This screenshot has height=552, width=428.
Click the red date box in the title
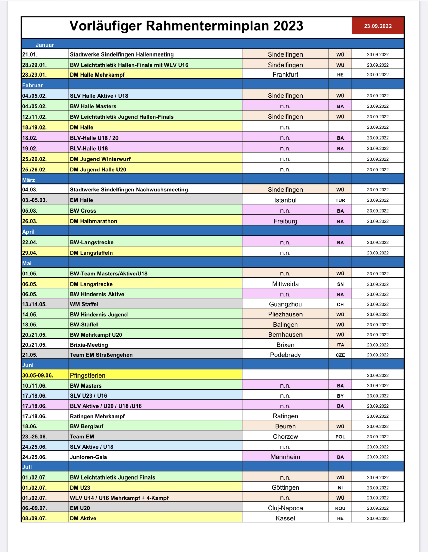coord(377,26)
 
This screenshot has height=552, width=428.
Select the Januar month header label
coord(45,45)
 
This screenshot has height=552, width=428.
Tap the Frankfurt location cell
coord(285,75)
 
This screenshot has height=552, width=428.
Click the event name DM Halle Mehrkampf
coord(97,75)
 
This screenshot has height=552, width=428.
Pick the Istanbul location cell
coord(285,200)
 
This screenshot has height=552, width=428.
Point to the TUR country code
coord(340,200)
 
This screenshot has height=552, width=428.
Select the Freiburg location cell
coord(285,221)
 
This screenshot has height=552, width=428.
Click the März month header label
coord(28,180)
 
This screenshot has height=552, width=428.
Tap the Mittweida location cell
coord(285,284)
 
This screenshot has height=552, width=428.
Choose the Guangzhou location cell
coord(285,304)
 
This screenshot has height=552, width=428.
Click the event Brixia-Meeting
coord(89,345)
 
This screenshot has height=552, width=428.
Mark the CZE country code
coord(340,355)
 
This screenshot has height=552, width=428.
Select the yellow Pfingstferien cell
coord(155,375)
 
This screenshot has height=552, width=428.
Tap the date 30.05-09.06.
coord(38,375)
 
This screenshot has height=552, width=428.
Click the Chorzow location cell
coord(285,437)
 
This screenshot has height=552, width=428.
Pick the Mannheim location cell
coord(285,457)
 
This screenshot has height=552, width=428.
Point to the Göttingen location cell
coord(285,487)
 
